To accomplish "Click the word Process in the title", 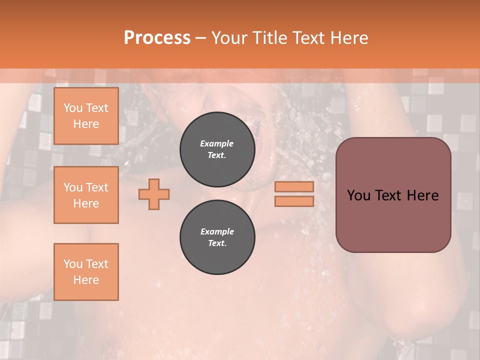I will (157, 38).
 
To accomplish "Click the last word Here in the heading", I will (349, 38).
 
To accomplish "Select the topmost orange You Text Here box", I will (86, 116).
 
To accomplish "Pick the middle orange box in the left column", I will (86, 195).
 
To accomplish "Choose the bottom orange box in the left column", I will (86, 271).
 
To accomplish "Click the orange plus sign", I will (154, 194).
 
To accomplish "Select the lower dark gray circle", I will (217, 237).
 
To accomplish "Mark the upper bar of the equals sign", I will (294, 186).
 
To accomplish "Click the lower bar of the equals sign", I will (294, 201).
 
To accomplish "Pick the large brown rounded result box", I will (393, 194).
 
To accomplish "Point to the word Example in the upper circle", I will (217, 143).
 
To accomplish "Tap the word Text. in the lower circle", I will (217, 243).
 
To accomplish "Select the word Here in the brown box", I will (422, 195).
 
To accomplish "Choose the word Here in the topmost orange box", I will (86, 124).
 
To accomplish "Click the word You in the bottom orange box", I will (72, 264).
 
